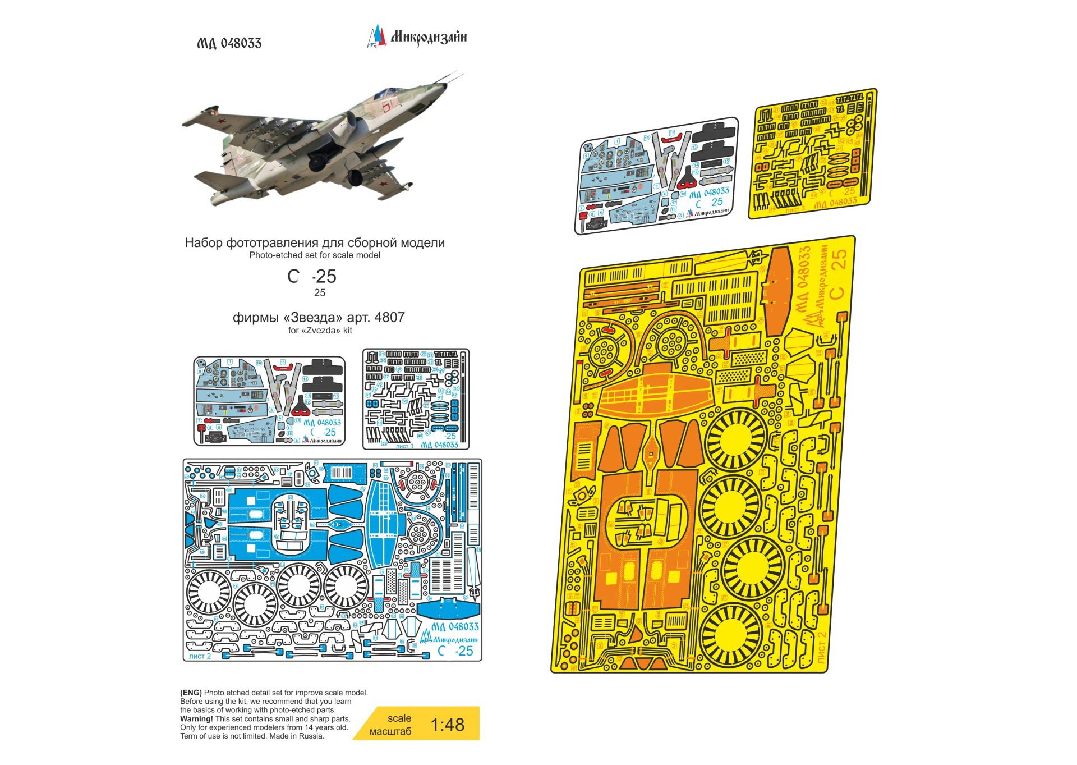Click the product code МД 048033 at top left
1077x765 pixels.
click(x=229, y=44)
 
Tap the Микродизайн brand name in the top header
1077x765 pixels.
click(x=429, y=37)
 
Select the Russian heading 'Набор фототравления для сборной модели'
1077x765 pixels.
click(x=314, y=243)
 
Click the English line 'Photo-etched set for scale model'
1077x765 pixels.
click(x=314, y=255)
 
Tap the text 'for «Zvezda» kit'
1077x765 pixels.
click(x=320, y=331)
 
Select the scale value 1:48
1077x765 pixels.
click(x=447, y=725)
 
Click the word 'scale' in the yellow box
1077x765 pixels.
click(x=399, y=718)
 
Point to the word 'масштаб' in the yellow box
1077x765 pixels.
click(x=390, y=732)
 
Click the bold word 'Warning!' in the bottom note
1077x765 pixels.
click(x=196, y=719)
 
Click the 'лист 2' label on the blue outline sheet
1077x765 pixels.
click(x=200, y=656)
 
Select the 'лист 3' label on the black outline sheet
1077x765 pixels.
click(x=404, y=446)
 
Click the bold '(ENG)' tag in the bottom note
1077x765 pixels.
click(x=191, y=693)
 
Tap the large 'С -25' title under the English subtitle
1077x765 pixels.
click(x=312, y=277)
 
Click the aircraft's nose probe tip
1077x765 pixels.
click(x=462, y=72)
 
